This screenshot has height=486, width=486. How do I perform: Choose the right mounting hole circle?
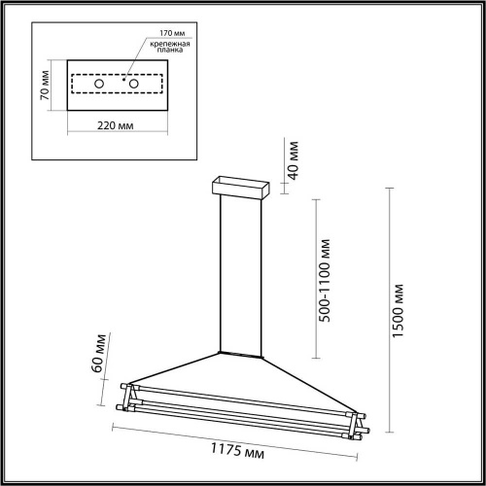point(134,86)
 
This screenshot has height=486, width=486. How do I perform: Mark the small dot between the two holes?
point(123,78)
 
